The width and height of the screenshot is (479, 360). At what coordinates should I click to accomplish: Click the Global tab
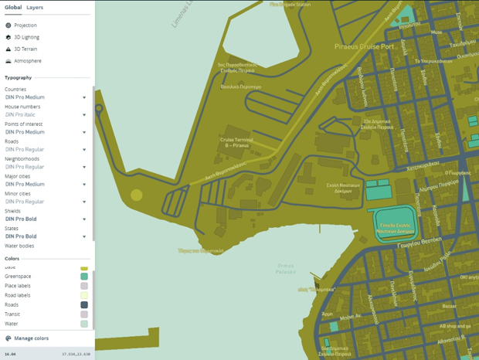point(12,7)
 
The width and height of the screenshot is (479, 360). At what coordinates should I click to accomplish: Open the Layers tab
point(35,7)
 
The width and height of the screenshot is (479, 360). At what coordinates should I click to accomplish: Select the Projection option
point(25,25)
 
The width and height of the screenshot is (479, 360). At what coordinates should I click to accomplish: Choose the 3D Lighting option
point(26,37)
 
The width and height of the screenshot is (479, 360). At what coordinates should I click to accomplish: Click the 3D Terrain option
point(25,49)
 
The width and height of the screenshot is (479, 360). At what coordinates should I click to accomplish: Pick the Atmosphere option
point(26,60)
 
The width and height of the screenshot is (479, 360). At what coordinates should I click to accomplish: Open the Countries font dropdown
point(83,97)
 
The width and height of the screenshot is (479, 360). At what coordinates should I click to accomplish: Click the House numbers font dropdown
point(83,115)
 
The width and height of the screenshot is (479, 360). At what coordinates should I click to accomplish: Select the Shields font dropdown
point(83,219)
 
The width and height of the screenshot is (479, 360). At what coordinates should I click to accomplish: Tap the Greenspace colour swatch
point(83,276)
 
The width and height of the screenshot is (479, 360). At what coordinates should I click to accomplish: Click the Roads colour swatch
point(83,304)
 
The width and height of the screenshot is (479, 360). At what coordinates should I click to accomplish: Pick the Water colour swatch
point(83,324)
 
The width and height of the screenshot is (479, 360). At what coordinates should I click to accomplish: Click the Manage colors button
point(30,338)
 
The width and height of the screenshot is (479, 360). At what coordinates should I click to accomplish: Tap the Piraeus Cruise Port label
point(363,48)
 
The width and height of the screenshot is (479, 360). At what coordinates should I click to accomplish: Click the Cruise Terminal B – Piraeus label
point(237,141)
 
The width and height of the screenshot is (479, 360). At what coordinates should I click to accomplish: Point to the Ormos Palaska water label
point(287,268)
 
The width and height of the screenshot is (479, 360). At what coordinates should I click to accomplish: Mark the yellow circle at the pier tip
point(137,195)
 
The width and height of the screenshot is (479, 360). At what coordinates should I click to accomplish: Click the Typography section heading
point(19,78)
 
